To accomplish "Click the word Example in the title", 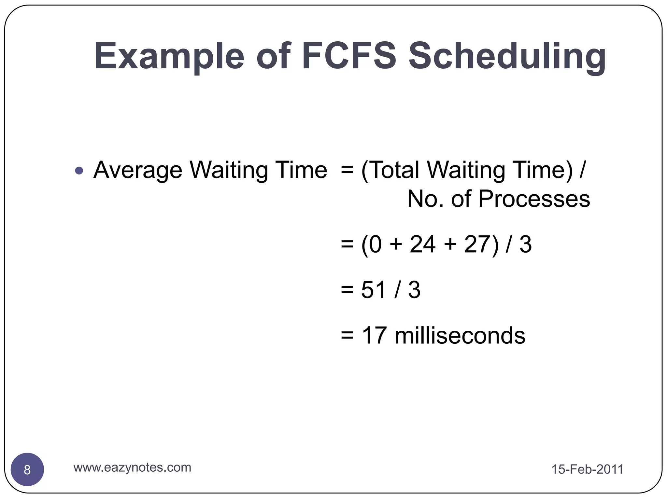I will tap(169, 56).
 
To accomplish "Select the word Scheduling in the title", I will tap(507, 56).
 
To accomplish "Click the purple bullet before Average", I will tap(79, 170).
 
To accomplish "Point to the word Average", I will tap(137, 170).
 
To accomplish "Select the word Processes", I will tap(534, 199).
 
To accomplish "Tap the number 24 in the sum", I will tap(422, 244).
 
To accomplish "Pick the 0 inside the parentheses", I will tap(375, 244).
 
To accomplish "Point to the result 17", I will tap(374, 335).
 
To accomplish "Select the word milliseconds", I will tap(460, 335).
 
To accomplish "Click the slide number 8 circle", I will tap(27, 470).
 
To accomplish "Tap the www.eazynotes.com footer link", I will tap(132, 467).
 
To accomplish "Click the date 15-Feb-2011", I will tap(587, 469).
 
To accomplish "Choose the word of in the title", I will tap(273, 56).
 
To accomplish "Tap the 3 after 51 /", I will tap(414, 290).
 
